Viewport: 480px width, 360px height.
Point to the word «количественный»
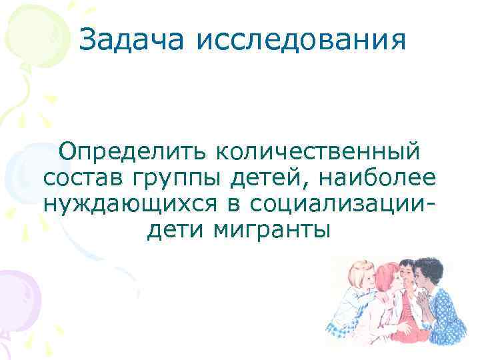pyautogui.click(x=317, y=151)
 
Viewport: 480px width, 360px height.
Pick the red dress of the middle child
pyautogui.click(x=404, y=320)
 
